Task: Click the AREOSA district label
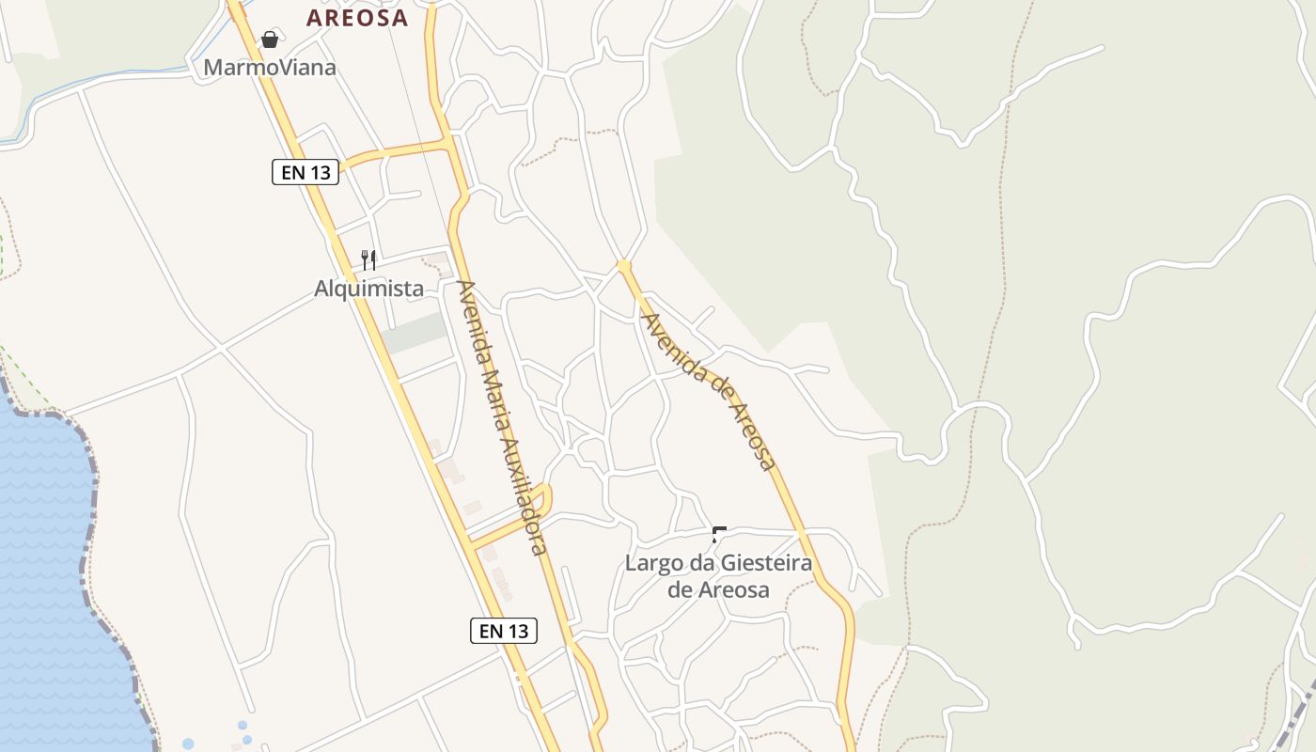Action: [x=357, y=18]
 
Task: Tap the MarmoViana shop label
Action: [x=270, y=68]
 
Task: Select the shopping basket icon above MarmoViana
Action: [x=270, y=39]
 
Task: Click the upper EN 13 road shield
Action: [x=305, y=172]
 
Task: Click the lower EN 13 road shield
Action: [x=504, y=631]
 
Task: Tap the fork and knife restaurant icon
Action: [x=368, y=259]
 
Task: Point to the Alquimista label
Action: [x=368, y=289]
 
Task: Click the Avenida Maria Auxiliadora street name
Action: [x=501, y=416]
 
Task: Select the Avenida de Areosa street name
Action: [x=709, y=390]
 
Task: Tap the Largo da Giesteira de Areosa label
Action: [x=718, y=576]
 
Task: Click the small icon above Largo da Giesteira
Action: [x=719, y=536]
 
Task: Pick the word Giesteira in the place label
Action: [x=765, y=564]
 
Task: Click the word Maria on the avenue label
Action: [x=493, y=387]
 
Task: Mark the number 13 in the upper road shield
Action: [x=320, y=172]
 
